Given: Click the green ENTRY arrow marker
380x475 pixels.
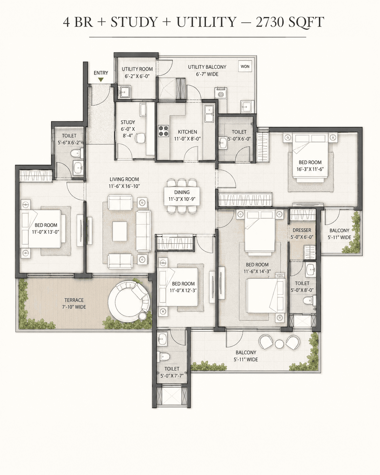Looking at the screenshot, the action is (x=101, y=80).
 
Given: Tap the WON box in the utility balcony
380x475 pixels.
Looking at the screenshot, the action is (x=245, y=66).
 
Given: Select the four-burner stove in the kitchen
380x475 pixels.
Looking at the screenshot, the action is (x=164, y=131).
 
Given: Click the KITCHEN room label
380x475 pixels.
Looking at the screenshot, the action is (x=187, y=132).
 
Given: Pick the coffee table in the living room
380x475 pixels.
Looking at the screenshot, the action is (x=120, y=231).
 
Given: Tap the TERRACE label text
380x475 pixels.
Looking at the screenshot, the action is (x=74, y=300).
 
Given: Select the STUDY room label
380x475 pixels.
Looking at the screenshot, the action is (x=128, y=122).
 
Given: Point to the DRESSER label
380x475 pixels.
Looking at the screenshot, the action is (x=302, y=230).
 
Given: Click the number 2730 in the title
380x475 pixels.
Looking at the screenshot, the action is (x=269, y=22).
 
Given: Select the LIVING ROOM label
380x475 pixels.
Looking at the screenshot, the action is (x=124, y=179).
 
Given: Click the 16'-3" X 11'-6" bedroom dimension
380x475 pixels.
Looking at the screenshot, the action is (x=310, y=169).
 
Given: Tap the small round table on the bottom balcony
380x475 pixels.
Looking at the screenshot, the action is (x=279, y=343).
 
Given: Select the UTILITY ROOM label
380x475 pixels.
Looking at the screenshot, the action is (x=137, y=69).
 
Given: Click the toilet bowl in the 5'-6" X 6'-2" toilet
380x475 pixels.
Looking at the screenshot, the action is (x=76, y=152).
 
